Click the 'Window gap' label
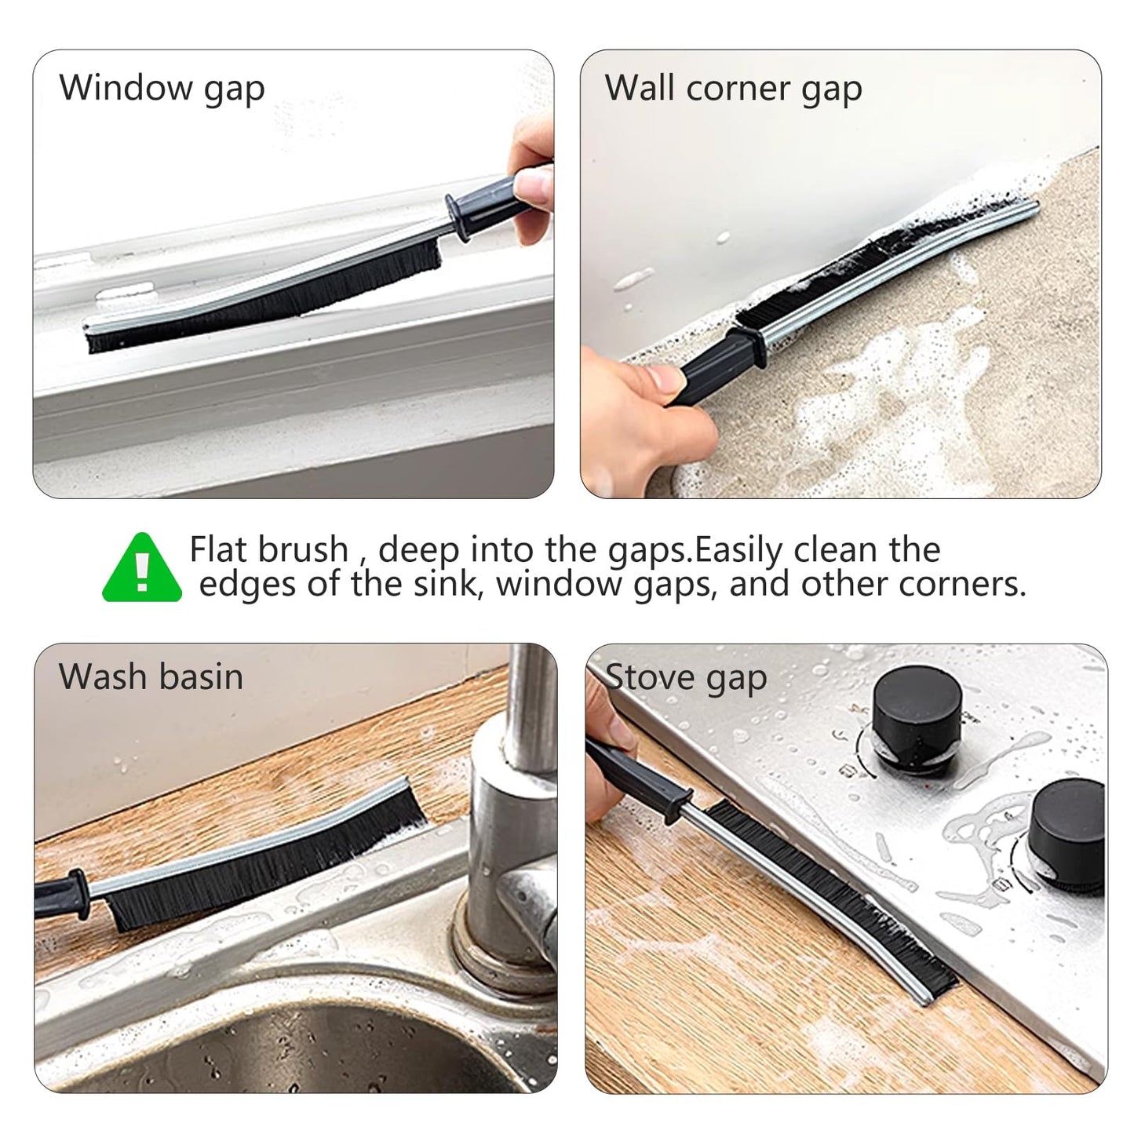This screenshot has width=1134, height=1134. tap(162, 88)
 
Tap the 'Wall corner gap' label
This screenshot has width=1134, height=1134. tap(733, 88)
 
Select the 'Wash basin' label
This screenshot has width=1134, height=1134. tap(151, 676)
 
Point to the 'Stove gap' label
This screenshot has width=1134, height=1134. tap(687, 677)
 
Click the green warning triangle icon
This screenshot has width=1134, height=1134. tap(142, 568)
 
